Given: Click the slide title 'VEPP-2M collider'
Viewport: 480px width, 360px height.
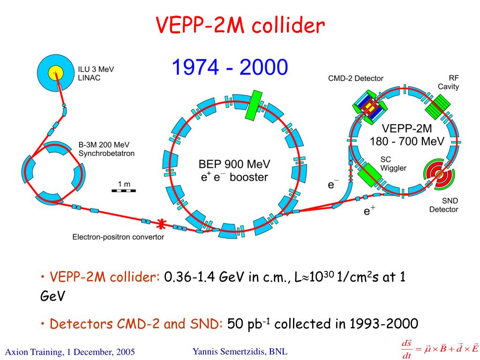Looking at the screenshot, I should tap(240, 26).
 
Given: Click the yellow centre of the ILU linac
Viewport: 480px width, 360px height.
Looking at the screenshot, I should tap(55, 73).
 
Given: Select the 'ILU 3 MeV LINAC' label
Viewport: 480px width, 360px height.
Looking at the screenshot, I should tap(96, 74).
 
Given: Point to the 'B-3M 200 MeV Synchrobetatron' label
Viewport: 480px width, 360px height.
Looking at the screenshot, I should tap(106, 149).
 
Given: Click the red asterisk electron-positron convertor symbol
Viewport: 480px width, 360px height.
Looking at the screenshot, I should tap(161, 225).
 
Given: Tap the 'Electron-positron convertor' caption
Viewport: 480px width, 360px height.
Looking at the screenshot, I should tap(118, 237).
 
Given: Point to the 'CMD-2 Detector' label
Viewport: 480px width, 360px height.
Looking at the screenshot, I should tap(356, 78).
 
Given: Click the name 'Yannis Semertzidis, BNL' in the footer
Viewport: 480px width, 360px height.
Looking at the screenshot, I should tap(240, 351).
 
